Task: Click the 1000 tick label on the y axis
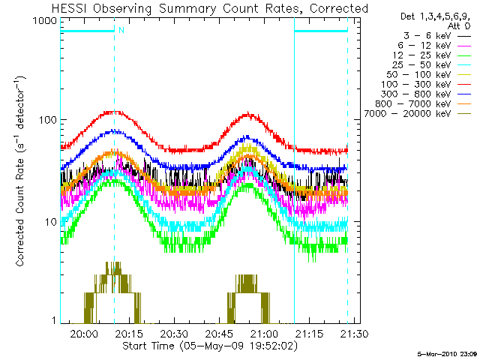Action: point(45,21)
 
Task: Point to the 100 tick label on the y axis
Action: point(48,120)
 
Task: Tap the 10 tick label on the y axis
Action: point(51,222)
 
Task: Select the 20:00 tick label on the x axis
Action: point(84,333)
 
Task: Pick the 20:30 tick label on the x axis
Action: point(174,333)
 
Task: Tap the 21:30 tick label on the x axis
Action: point(355,333)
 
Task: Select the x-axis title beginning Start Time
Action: point(210,346)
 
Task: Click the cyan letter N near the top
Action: point(121,30)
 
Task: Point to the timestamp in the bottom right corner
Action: point(447,355)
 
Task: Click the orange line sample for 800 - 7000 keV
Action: point(464,104)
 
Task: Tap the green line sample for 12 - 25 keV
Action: point(464,55)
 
